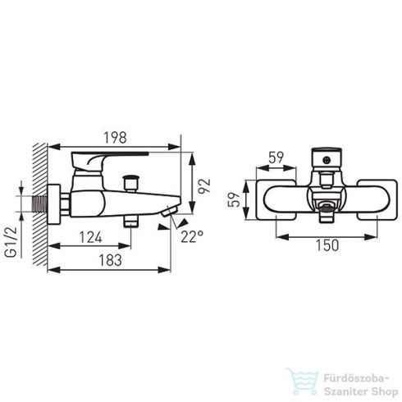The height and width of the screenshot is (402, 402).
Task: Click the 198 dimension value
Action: [x=115, y=138]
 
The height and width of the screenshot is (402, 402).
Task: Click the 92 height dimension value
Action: [x=204, y=186]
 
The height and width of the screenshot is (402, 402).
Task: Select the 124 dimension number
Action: [x=90, y=237]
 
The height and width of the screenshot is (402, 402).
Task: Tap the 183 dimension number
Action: [x=110, y=260]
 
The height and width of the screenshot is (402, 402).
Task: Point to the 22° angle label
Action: [x=192, y=236]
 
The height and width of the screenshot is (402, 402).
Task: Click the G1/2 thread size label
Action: [x=11, y=242]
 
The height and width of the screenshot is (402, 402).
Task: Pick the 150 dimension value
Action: [x=327, y=245]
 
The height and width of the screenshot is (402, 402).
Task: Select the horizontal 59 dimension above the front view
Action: [x=276, y=158]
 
